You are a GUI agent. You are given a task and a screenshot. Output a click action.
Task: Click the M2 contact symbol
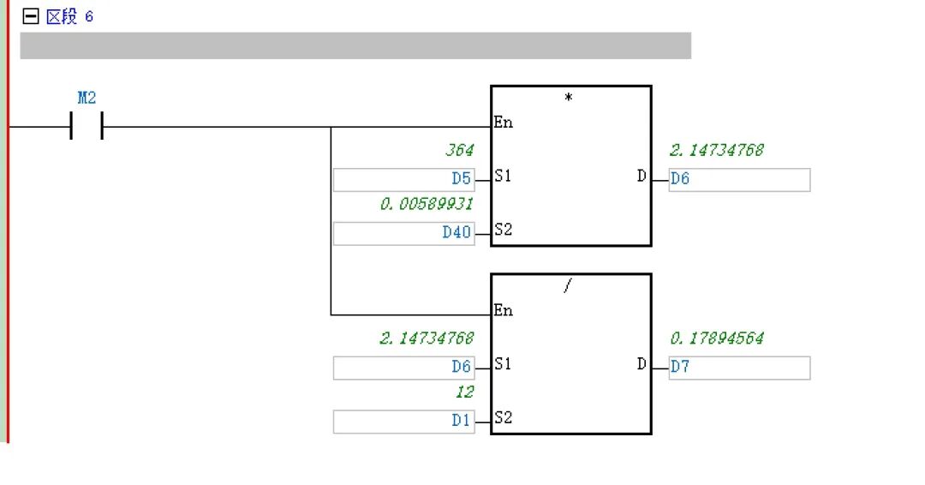86,127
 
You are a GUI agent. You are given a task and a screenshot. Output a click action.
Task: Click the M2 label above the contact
87,98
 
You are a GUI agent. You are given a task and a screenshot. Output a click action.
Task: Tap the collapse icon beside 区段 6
31,16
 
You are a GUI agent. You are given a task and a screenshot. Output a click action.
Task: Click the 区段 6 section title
69,16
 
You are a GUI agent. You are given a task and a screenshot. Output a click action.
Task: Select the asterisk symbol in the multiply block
569,98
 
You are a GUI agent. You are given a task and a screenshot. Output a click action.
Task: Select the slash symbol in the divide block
567,286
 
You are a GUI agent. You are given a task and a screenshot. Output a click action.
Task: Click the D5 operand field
403,179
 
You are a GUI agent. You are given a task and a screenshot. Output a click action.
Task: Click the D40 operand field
403,232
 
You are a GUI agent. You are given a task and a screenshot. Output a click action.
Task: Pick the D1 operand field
403,421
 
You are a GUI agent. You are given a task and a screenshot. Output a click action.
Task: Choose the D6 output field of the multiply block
738,179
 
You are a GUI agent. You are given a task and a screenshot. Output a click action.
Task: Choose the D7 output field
738,368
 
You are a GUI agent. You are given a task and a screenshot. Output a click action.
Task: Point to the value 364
459,151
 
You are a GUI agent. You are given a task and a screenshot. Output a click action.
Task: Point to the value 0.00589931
427,204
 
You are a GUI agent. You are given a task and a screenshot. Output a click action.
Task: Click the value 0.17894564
717,338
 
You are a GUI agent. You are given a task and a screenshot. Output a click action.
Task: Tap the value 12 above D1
463,392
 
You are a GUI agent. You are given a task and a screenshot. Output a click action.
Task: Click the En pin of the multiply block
503,123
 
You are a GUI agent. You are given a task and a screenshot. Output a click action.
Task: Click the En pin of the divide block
503,311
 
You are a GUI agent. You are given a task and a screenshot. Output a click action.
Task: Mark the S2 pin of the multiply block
504,230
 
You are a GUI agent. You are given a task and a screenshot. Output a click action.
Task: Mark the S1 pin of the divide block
504,364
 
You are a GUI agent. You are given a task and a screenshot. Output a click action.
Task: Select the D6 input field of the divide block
403,368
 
